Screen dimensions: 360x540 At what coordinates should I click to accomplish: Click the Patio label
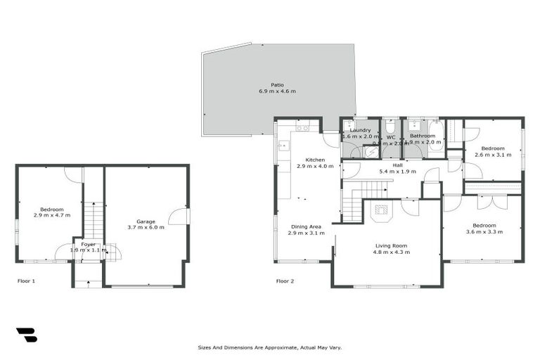coord(278,85)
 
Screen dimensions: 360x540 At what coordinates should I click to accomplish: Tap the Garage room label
coord(146,221)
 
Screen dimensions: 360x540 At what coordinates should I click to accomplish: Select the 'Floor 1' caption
coord(26,281)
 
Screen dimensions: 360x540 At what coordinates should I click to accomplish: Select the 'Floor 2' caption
coord(285,281)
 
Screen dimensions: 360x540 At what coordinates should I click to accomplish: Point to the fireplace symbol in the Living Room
coord(381,209)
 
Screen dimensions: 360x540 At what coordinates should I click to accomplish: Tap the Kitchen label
coord(309,160)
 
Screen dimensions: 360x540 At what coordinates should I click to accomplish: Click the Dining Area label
coord(306,226)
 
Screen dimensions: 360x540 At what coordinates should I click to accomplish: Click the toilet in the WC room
coord(390,127)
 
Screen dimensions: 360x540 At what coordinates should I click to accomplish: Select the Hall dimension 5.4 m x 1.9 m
coord(398,171)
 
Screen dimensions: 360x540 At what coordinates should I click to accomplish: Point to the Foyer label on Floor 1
coord(88,244)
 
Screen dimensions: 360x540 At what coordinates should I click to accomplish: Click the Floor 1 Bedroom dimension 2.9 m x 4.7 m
coord(51,215)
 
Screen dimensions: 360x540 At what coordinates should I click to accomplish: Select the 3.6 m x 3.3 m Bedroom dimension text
coord(484,231)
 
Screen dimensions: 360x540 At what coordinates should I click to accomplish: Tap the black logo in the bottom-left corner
coord(26,335)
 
